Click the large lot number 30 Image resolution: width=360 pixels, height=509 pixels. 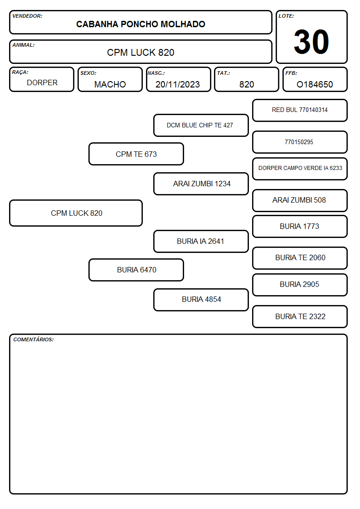click(311, 42)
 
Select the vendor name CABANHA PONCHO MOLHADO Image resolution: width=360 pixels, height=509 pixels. click(141, 24)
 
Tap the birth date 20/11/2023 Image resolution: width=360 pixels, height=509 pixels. click(178, 84)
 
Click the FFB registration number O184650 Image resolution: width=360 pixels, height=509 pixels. click(315, 84)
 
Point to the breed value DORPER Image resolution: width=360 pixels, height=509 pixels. click(42, 83)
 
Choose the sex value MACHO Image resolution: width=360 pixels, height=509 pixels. click(110, 84)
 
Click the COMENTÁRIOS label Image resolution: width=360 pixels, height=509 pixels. click(34, 339)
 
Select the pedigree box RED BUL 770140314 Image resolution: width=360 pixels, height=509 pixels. click(300, 111)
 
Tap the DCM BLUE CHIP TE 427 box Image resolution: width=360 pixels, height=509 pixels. click(201, 125)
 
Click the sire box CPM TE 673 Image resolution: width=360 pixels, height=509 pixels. click(136, 154)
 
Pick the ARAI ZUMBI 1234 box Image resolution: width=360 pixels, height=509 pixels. click(201, 184)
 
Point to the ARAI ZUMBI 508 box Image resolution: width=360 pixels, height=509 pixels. click(300, 200)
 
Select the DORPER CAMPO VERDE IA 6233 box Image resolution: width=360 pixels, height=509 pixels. click(300, 169)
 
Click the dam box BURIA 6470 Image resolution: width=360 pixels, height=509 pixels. click(136, 270)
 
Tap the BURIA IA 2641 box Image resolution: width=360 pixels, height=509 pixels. click(201, 241)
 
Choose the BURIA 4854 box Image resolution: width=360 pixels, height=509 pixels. click(201, 300)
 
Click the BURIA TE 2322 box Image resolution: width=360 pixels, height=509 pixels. click(300, 316)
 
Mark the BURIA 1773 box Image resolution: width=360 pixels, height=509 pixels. click(300, 226)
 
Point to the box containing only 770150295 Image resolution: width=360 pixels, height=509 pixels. click(300, 142)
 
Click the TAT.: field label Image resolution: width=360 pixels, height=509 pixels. click(224, 73)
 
